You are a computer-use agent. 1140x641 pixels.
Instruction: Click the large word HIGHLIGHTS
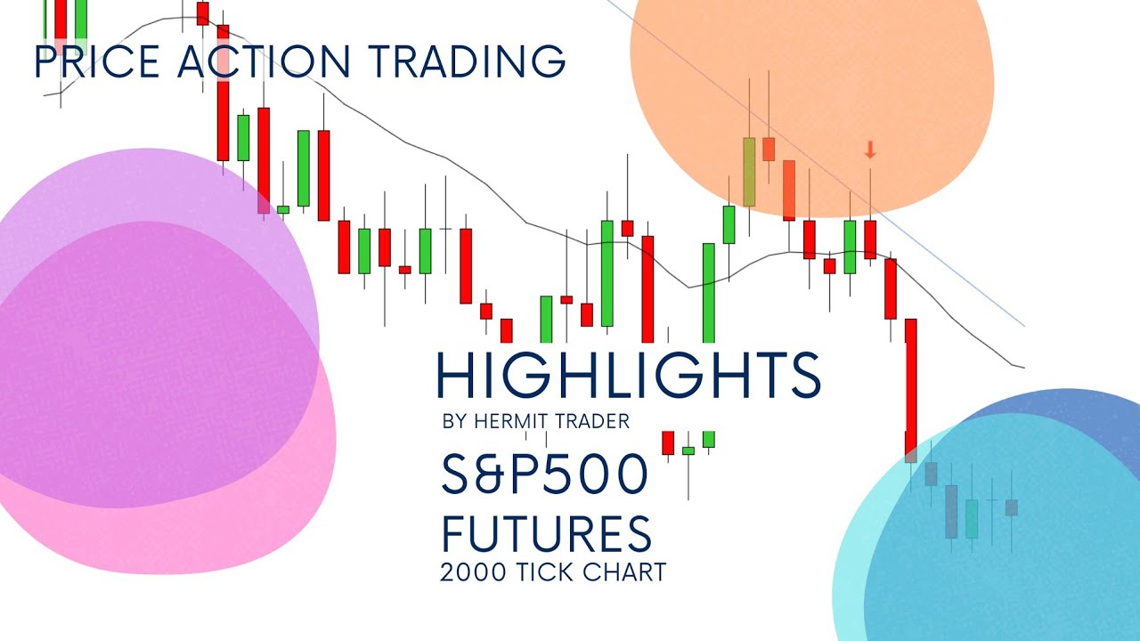tap(628, 375)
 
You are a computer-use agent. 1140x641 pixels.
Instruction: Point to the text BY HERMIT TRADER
tap(535, 422)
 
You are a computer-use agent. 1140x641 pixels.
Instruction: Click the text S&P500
tap(545, 474)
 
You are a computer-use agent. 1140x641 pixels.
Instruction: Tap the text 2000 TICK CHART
tap(552, 572)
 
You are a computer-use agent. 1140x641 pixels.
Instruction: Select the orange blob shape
tap(810, 89)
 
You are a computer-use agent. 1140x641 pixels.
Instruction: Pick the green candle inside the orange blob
tap(749, 172)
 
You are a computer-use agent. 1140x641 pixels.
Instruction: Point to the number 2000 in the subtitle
tap(473, 572)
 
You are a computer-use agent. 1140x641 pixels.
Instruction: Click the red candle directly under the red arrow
tap(870, 239)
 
